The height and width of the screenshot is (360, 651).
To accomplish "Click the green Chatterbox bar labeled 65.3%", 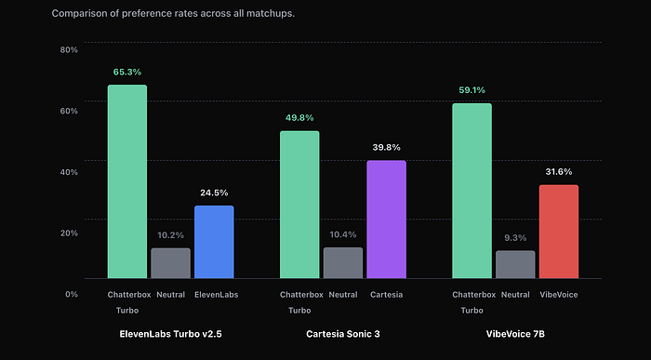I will (126, 181).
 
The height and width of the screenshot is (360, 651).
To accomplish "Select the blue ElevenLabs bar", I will (213, 242).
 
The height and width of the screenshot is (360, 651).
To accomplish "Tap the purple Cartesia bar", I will (386, 220).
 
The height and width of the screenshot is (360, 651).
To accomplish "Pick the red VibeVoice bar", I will (558, 232).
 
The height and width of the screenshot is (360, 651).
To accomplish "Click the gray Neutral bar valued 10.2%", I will (170, 263).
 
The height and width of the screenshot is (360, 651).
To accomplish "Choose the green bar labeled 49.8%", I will (299, 205).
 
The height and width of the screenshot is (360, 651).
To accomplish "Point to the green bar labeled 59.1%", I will (472, 191).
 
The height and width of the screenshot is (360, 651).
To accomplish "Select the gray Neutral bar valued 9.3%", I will (515, 264).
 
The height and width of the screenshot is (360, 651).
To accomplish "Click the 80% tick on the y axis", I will (68, 49).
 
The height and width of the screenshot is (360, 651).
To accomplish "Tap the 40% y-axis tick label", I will (68, 171).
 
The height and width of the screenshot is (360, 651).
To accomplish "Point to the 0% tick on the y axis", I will (71, 294).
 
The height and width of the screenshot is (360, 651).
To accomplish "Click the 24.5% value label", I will (213, 193).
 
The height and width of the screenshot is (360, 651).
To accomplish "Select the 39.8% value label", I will (386, 148).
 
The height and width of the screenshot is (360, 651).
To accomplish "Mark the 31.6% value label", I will (558, 172).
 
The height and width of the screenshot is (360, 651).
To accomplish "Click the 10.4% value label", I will (342, 235).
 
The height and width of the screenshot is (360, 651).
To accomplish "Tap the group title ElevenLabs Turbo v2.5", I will (170, 333).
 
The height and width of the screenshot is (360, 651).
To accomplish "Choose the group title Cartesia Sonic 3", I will (342, 333).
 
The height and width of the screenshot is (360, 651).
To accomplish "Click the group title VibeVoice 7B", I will (514, 333).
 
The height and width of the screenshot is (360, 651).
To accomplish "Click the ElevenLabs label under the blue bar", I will (216, 295).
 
